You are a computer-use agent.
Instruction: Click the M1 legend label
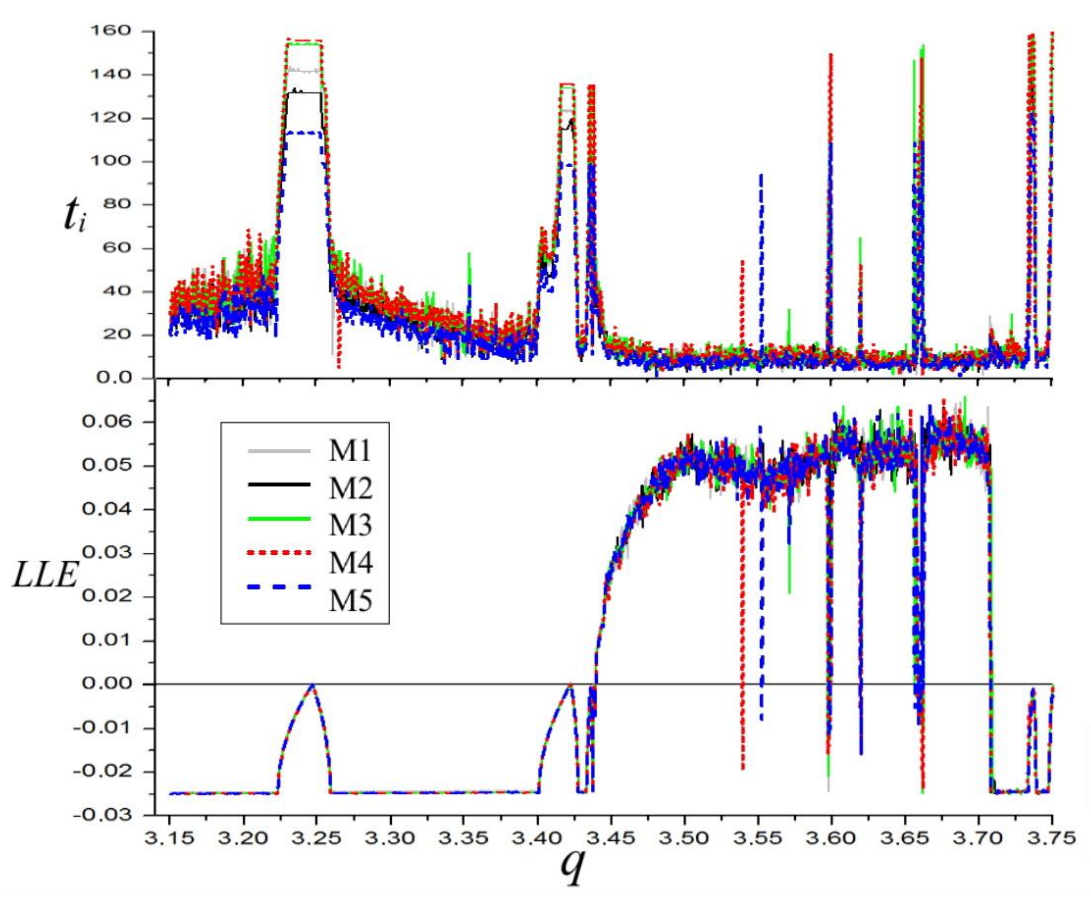click(x=350, y=451)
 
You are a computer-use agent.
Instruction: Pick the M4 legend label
click(x=350, y=563)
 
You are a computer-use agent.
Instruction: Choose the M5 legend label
click(x=350, y=601)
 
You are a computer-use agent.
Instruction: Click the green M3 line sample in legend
click(x=279, y=519)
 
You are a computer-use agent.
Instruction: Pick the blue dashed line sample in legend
click(x=279, y=587)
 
